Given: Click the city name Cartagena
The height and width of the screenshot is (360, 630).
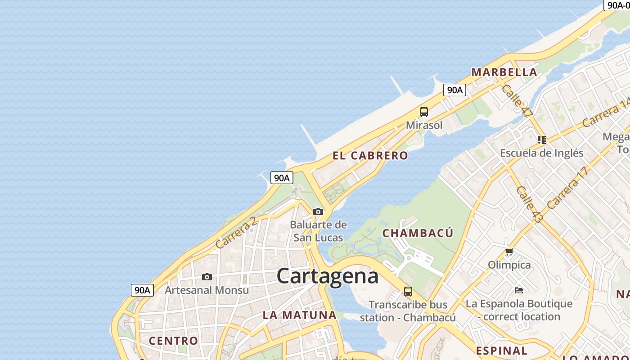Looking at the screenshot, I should coord(327,275).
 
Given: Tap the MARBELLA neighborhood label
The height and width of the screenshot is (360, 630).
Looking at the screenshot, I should coord(504,72).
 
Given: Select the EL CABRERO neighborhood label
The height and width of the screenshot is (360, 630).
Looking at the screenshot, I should coord(370,156).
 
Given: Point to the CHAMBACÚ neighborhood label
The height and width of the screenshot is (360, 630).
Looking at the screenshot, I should coord(418,233).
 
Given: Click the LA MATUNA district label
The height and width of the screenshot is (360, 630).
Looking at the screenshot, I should coord(299,315).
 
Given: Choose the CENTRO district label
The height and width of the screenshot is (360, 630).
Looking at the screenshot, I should coord(173,341).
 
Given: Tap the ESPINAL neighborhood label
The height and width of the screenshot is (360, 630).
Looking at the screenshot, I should coord(501,351).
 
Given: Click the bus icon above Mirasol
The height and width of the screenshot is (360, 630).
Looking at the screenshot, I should coord(423,112).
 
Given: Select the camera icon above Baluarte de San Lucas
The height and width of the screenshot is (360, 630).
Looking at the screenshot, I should coord(318,211).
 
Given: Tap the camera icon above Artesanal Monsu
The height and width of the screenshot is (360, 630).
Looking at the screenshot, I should coord(207,277).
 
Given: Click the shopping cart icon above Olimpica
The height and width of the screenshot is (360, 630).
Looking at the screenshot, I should coord(509,252).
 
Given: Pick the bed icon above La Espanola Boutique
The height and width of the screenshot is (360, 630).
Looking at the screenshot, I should coord(518,290).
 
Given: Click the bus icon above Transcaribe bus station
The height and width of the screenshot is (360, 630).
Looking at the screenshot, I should coord(408,292).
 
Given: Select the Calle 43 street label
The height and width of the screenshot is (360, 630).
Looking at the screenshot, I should coord(530,204).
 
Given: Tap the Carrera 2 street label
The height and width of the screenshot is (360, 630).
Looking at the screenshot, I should coord(236,233).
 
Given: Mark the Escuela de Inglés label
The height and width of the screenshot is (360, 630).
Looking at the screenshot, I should coord(541,153).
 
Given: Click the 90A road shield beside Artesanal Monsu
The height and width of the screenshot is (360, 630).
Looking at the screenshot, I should coord(142,290).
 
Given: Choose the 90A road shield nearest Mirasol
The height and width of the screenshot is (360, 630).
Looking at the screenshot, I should coord(454,90).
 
